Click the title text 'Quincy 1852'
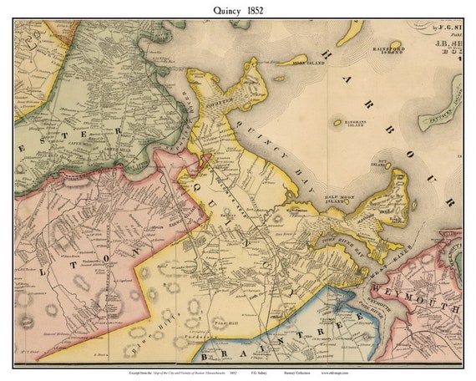pyautogui.click(x=237, y=9)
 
